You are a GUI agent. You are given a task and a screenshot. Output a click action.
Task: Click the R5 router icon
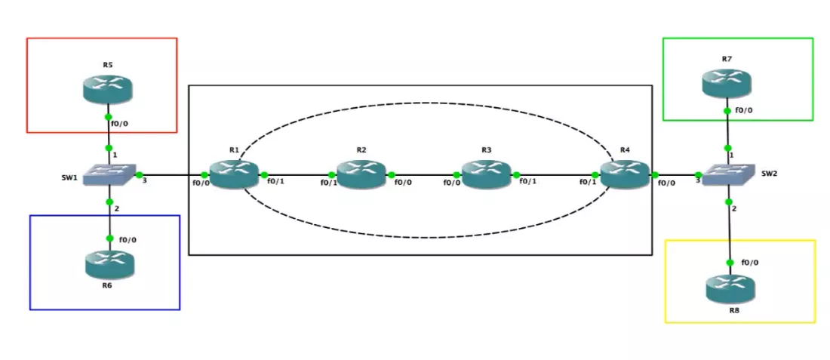click(107, 88)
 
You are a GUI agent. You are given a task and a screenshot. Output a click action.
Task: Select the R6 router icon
click(109, 262)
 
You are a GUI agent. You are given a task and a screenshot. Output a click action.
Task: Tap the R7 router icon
click(727, 82)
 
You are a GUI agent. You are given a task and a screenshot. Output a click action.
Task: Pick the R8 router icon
click(730, 288)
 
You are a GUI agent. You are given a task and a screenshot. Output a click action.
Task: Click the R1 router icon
click(234, 174)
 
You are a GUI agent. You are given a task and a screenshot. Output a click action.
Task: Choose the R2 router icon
click(361, 174)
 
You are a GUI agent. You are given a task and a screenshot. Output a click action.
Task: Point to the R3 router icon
click(486, 174)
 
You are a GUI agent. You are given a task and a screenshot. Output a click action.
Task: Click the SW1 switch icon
click(110, 176)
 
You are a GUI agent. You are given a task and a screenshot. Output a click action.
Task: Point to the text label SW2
click(770, 174)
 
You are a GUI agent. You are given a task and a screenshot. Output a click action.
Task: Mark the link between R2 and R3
click(424, 175)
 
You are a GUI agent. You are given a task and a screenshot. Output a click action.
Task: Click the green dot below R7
click(727, 111)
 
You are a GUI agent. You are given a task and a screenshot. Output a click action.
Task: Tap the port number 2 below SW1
click(117, 208)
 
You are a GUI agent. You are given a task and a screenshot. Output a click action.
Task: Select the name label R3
click(486, 149)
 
